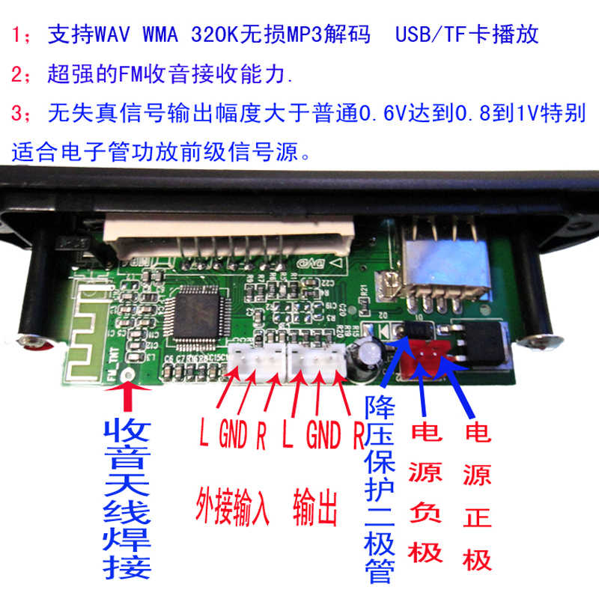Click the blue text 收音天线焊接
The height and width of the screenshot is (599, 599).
click(129, 498)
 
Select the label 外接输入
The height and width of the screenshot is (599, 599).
click(231, 507)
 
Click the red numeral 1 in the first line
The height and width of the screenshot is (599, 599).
click(16, 34)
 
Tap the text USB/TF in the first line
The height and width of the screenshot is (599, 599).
click(428, 34)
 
